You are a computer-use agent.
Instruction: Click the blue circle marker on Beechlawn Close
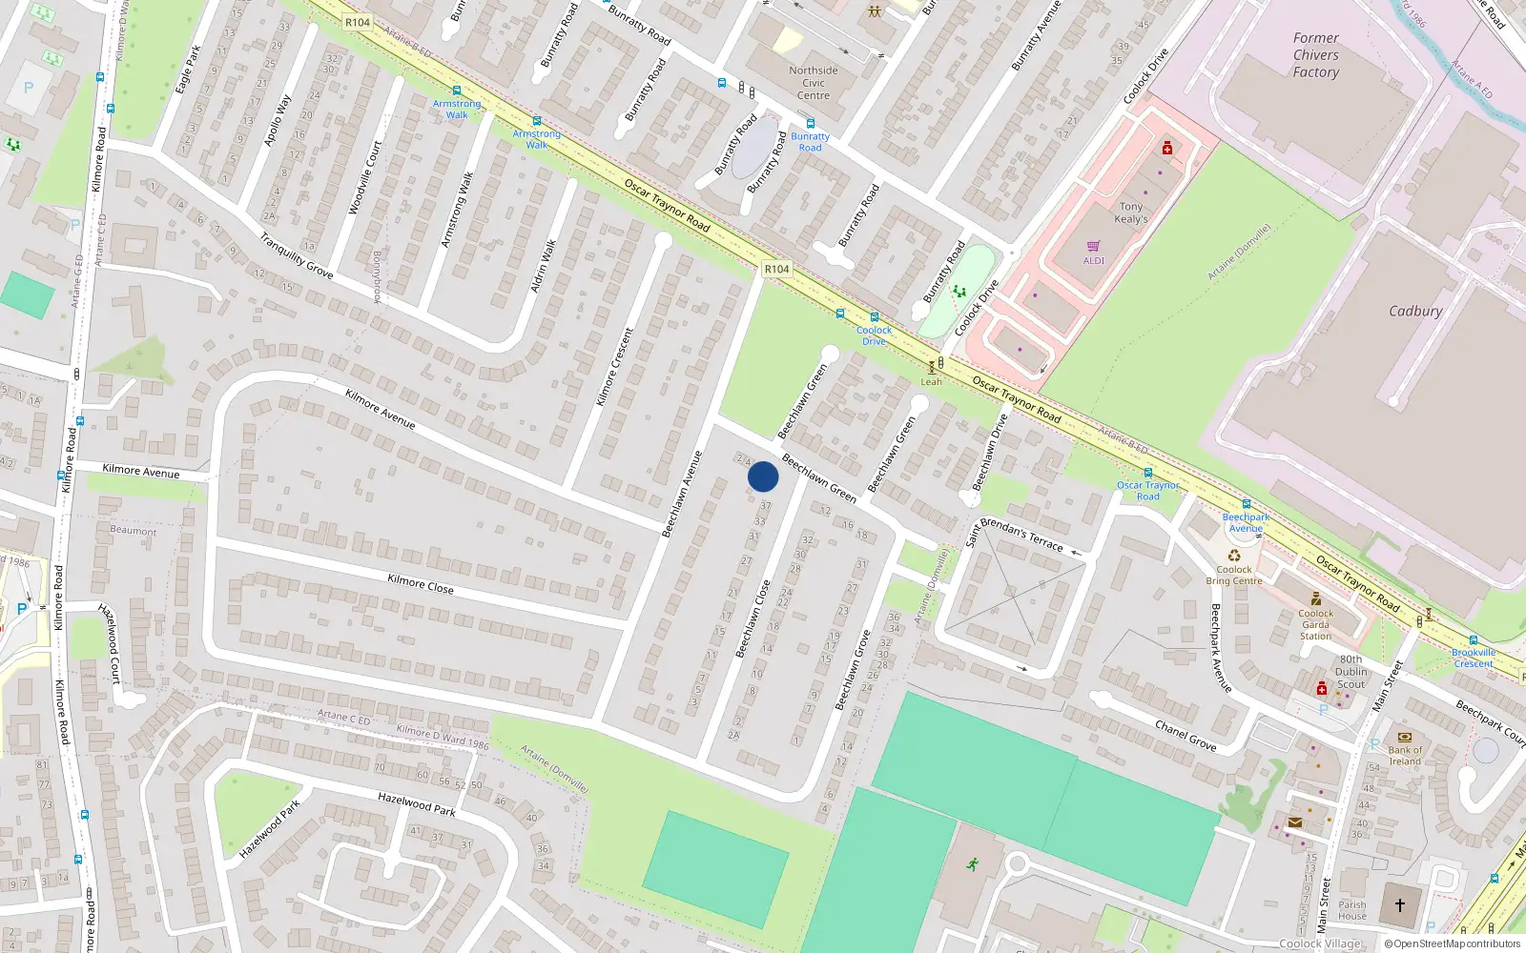[763, 476]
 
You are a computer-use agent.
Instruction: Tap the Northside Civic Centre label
[814, 83]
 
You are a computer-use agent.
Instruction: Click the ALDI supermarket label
[1094, 260]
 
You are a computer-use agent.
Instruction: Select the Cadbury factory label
[1415, 312]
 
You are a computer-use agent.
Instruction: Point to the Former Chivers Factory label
[1316, 55]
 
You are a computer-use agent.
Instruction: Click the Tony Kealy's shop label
[1131, 213]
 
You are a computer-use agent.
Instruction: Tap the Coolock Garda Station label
[1315, 624]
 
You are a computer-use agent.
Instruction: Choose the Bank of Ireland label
[1405, 756]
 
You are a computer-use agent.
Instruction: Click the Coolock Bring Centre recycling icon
[1234, 555]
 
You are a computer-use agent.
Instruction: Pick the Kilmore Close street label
[421, 583]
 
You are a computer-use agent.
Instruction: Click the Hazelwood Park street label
[417, 803]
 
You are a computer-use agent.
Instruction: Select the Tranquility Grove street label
[297, 255]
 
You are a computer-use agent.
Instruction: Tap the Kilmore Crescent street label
[615, 367]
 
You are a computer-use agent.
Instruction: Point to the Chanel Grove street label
[1186, 736]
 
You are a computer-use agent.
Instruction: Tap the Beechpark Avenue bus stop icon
[1246, 504]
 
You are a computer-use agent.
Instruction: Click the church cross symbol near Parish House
[1400, 904]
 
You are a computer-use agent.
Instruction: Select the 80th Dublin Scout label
[1351, 672]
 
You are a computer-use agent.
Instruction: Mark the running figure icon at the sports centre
[973, 864]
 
